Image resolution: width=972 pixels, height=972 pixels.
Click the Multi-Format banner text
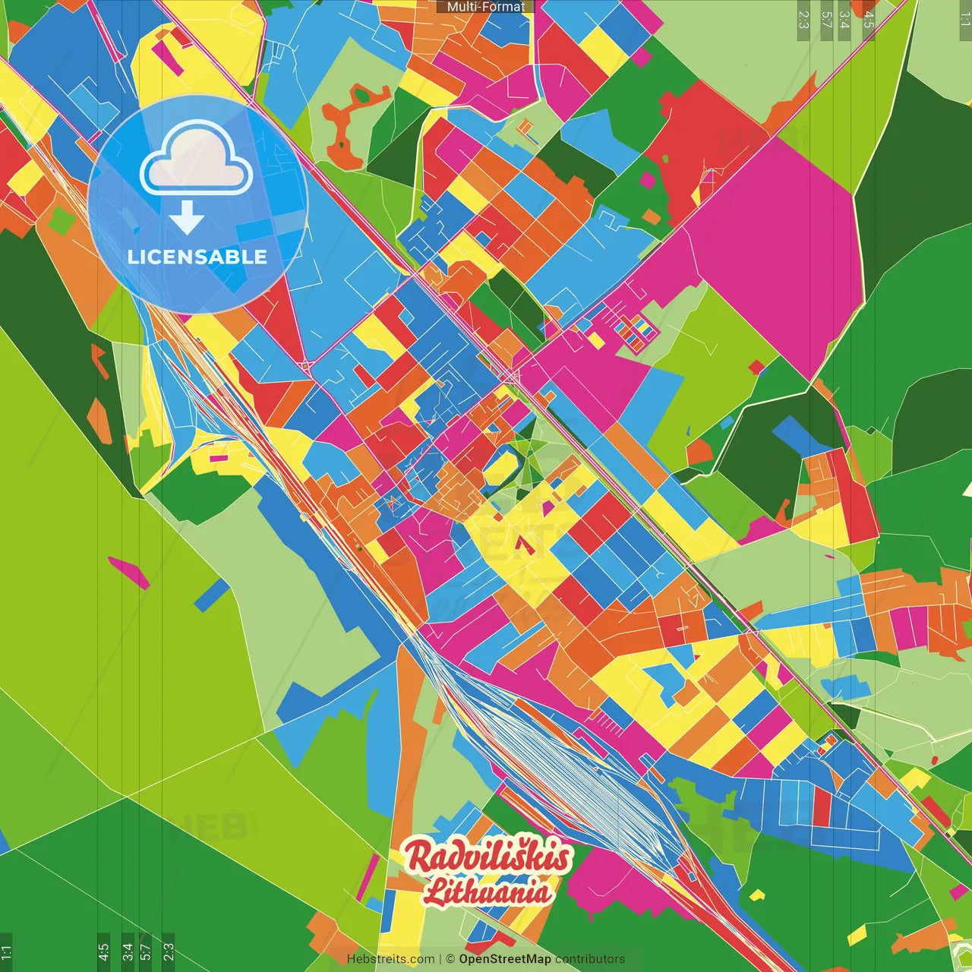(x=485, y=7)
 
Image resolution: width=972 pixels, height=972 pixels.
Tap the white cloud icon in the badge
(x=197, y=162)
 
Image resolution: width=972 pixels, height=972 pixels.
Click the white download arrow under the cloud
(x=187, y=218)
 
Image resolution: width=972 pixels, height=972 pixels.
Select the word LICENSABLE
(x=197, y=257)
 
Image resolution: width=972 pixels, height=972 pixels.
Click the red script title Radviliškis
(x=488, y=856)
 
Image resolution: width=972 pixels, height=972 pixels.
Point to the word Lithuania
(x=488, y=891)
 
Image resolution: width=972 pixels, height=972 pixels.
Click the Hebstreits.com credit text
(x=390, y=959)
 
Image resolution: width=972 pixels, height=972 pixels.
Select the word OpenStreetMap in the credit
(x=505, y=959)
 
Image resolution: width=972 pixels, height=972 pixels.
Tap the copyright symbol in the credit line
(x=450, y=959)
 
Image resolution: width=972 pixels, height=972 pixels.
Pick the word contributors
(x=590, y=959)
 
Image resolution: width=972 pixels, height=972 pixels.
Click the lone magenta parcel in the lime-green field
(x=129, y=572)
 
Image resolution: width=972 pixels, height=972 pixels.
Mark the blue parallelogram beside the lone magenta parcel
(x=211, y=596)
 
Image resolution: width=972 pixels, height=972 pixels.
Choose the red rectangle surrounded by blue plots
(x=822, y=807)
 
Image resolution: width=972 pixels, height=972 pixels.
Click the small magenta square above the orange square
(x=648, y=181)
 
